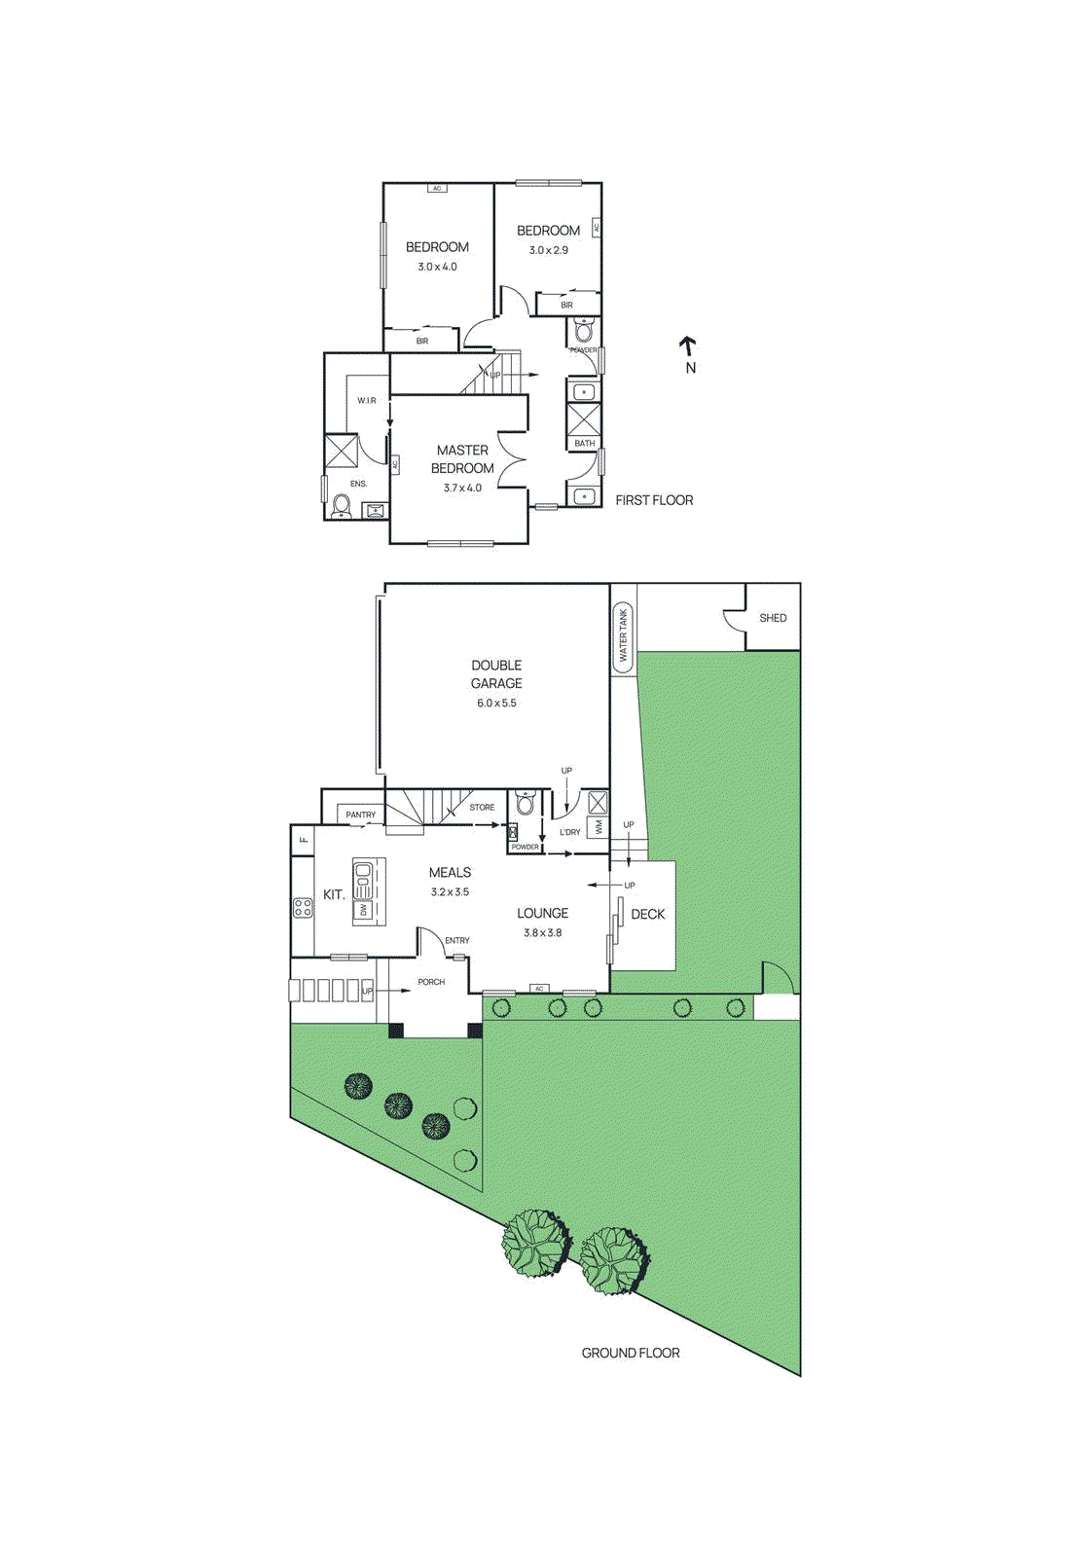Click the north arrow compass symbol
(688, 346)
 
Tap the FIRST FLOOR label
(654, 500)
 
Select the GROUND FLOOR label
(631, 1353)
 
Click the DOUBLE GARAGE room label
(496, 674)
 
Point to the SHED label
(773, 618)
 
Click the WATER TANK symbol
(623, 636)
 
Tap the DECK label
(648, 914)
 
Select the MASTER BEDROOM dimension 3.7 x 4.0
(462, 488)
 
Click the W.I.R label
(366, 400)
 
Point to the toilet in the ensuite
(342, 506)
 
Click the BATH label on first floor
(584, 443)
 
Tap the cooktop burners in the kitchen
(304, 908)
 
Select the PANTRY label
(360, 815)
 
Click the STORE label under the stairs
(482, 807)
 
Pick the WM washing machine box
(598, 827)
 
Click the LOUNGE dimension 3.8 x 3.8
(542, 932)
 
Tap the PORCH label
(431, 982)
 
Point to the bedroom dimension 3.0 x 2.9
(548, 250)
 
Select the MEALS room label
(450, 873)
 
